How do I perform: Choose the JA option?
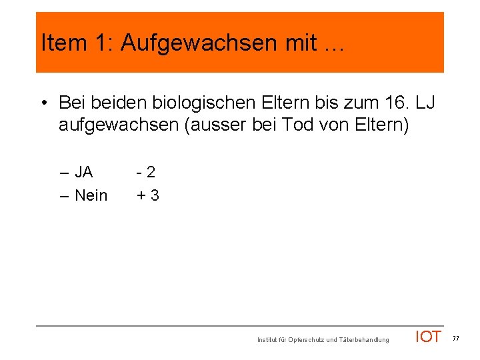83,172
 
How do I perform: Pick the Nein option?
91,195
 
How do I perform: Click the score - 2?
146,172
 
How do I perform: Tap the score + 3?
147,195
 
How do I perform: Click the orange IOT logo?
428,337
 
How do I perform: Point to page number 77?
456,339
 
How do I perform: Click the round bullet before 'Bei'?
43,103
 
